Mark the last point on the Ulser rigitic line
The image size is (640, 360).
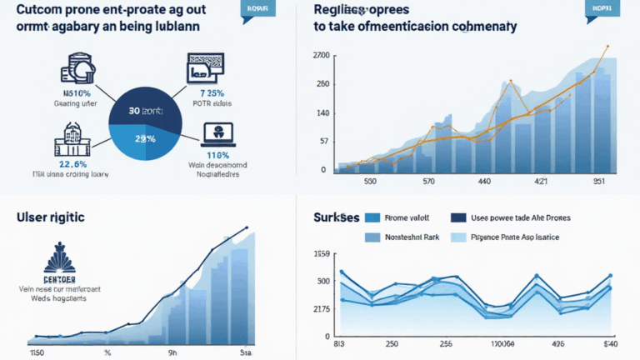click(247, 227)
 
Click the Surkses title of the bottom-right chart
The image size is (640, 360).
click(336, 217)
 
